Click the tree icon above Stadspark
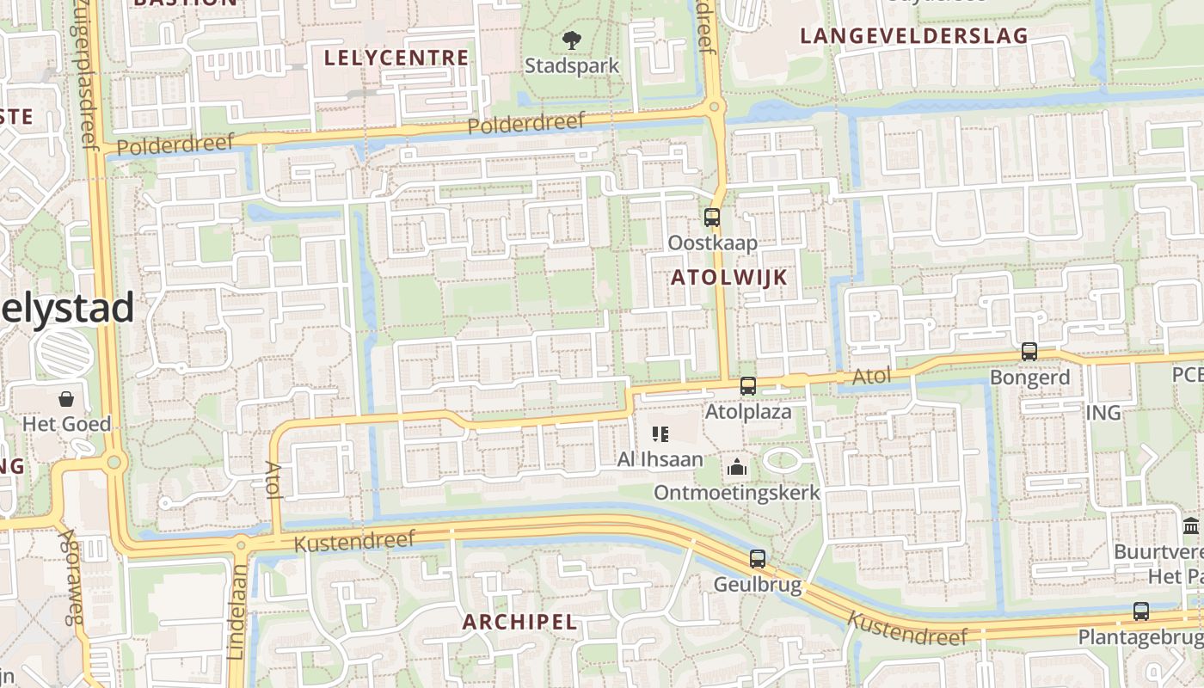[571, 40]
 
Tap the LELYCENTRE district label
[396, 58]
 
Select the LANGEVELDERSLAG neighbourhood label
[914, 36]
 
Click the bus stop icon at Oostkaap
[711, 218]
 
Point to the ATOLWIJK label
[728, 277]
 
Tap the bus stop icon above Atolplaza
[748, 386]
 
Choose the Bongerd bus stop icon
[1029, 352]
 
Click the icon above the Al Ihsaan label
[660, 434]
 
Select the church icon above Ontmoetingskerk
[737, 468]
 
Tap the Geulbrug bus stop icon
[758, 559]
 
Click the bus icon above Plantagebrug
[1140, 611]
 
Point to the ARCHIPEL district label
[519, 622]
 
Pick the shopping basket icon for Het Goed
[66, 399]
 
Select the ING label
[1103, 414]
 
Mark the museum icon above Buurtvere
[1191, 525]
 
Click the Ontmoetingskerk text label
[737, 494]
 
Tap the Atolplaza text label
[748, 412]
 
